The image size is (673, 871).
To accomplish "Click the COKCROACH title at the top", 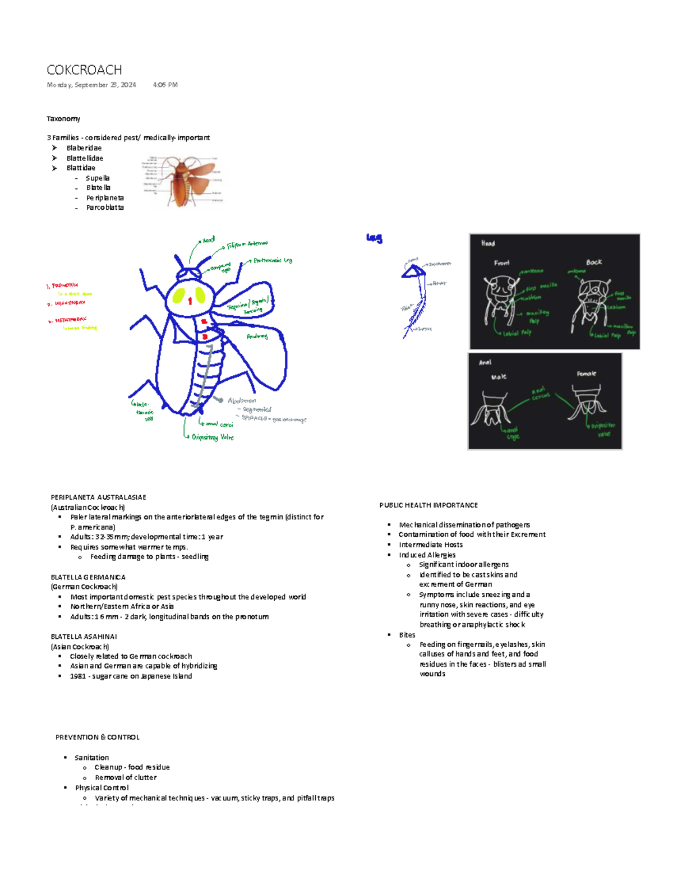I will [84, 70].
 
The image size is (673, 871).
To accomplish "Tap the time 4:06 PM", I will [165, 85].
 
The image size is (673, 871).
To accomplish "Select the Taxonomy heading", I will [63, 119].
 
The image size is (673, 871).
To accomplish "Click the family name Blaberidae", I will [84, 148].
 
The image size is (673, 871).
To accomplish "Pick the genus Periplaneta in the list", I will [105, 198].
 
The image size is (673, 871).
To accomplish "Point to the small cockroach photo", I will [183, 182].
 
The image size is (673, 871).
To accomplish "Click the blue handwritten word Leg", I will [374, 238].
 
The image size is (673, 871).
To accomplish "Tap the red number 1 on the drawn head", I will [190, 301].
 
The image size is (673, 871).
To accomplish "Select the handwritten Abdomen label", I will [242, 400].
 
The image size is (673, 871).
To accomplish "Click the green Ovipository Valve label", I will [213, 437].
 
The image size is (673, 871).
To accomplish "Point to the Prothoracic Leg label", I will [273, 260].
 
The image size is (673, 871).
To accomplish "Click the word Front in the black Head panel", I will [501, 263].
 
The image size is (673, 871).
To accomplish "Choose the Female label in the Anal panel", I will [586, 374].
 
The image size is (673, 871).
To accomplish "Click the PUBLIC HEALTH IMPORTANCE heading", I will [428, 505].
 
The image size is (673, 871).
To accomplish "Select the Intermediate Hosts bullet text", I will [431, 545].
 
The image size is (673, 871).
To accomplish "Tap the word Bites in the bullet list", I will [407, 635].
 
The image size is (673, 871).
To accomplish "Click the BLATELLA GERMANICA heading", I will [88, 577].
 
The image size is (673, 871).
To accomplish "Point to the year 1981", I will [78, 676].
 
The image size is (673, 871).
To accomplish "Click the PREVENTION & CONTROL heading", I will [98, 738].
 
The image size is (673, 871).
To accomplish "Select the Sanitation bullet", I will [92, 758].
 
